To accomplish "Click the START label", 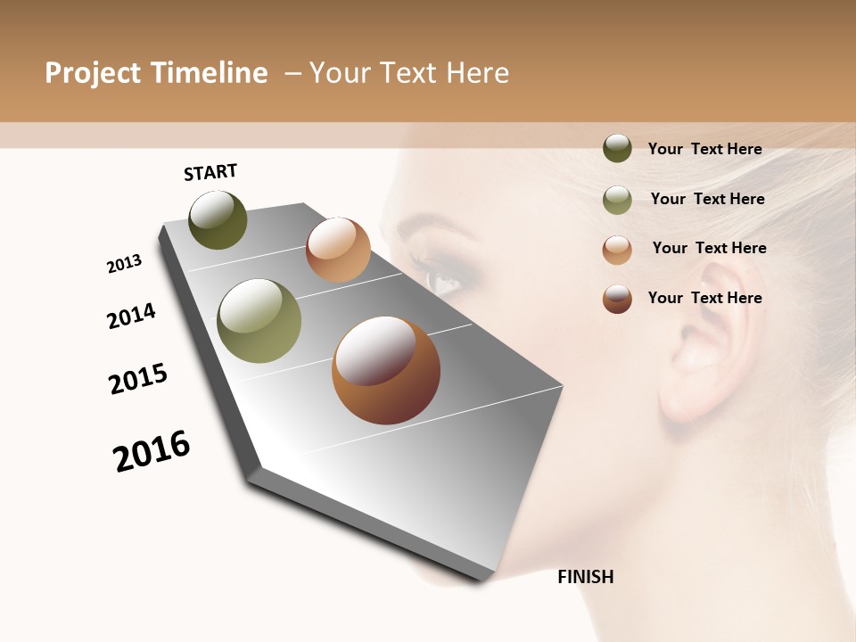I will (x=210, y=172).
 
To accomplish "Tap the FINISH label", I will (x=586, y=577).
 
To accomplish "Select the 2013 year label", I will (x=125, y=264).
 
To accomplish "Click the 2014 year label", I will (x=132, y=316).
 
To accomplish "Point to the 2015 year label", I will (x=138, y=379).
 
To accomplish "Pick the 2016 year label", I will (x=152, y=451).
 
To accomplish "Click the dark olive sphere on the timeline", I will (x=218, y=220).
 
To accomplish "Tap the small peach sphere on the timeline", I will (x=338, y=250).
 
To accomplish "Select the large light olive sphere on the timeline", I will (x=259, y=321).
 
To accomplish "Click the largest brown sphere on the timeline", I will (x=386, y=370).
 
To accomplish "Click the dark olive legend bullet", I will (x=617, y=149).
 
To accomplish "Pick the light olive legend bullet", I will (x=617, y=200).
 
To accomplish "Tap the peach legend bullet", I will (x=617, y=250).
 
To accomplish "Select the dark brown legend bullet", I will (x=617, y=299).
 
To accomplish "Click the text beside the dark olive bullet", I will (x=704, y=150).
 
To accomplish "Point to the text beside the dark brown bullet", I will (x=704, y=298).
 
